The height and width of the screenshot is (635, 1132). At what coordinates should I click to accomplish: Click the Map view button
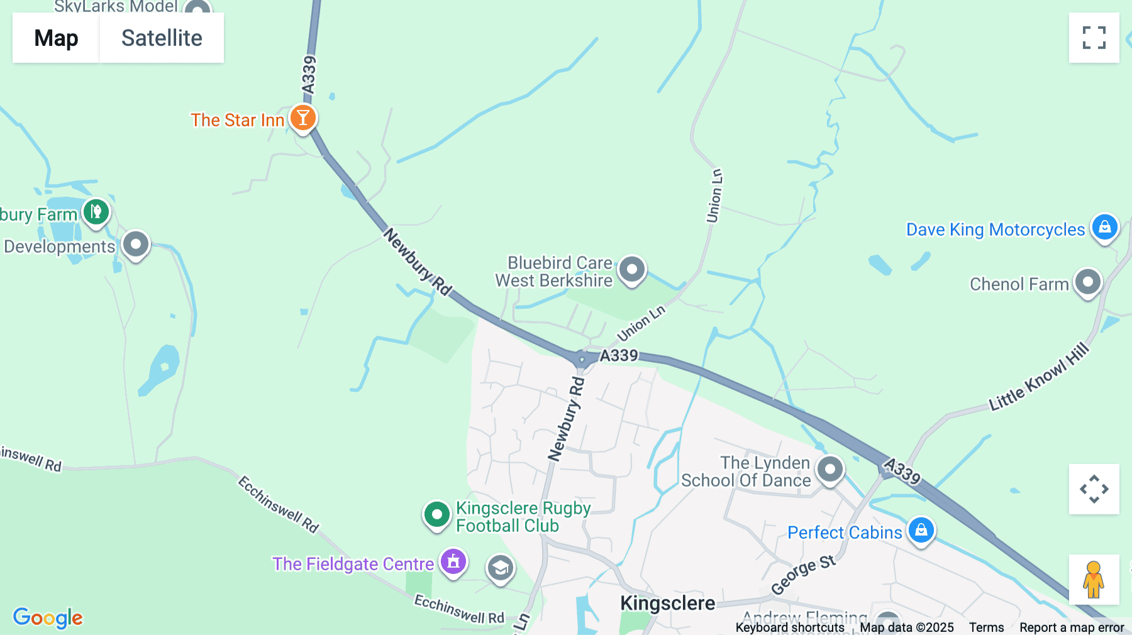click(56, 38)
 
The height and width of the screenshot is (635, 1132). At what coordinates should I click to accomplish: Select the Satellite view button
click(162, 38)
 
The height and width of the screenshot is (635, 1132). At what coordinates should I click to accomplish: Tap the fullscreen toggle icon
click(1094, 38)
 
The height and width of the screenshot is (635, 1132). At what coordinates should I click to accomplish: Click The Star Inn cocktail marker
click(303, 118)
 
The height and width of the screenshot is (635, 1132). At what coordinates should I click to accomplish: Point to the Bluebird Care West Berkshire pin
click(632, 270)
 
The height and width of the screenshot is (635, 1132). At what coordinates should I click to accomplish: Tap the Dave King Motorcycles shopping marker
click(1105, 228)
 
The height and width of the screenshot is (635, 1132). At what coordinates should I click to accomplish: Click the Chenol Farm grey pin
click(1088, 282)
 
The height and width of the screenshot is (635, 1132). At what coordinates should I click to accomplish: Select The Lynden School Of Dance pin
click(830, 469)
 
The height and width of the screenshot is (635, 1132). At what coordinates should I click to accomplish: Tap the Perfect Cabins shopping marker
click(921, 530)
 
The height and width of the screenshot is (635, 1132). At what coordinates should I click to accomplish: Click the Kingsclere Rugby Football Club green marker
click(436, 515)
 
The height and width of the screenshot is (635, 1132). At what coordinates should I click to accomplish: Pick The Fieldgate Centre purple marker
click(453, 561)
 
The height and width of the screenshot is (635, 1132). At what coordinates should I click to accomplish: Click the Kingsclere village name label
click(667, 603)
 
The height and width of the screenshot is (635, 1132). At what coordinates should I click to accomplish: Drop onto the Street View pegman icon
click(1094, 580)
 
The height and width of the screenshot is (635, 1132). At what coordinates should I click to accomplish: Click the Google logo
click(48, 617)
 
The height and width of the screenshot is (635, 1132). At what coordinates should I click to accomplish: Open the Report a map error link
click(1072, 627)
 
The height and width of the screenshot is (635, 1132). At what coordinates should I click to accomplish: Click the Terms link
click(986, 627)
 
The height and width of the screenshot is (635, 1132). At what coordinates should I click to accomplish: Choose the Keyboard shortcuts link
click(790, 627)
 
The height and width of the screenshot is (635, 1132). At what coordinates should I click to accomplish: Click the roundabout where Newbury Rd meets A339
click(582, 360)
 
